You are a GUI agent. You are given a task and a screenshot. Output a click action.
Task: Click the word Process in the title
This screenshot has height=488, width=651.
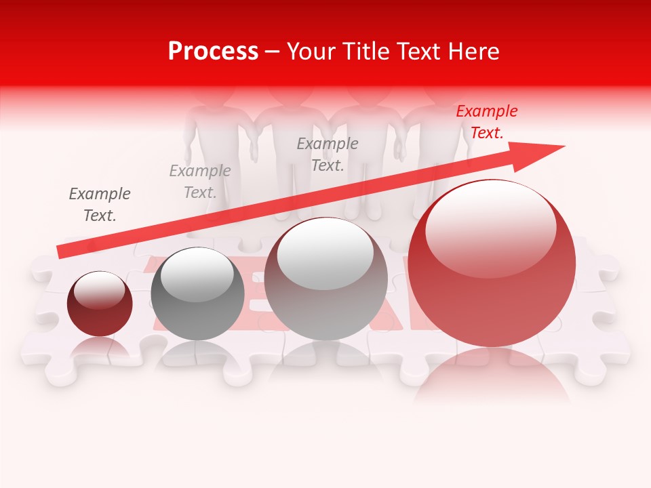[213, 52]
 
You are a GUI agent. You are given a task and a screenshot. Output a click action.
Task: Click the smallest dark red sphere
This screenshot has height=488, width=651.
[100, 304]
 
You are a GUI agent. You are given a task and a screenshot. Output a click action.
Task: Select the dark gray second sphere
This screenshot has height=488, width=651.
[197, 295]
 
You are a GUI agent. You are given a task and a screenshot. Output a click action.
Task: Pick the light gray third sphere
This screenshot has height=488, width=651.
[325, 279]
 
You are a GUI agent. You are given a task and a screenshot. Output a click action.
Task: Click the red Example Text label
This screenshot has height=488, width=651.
[486, 122]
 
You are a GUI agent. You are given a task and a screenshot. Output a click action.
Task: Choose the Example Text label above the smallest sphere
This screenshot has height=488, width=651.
[100, 205]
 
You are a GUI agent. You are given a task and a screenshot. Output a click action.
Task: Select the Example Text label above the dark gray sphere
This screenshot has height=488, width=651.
[200, 182]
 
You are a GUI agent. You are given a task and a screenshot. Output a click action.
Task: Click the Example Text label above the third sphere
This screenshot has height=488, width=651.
[328, 155]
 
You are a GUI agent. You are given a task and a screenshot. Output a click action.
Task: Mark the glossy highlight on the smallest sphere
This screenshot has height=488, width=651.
[99, 290]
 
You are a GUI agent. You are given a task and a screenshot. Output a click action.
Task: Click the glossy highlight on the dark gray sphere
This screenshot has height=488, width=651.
[197, 274]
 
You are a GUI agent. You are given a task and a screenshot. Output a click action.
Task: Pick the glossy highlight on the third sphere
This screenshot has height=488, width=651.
[325, 251]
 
